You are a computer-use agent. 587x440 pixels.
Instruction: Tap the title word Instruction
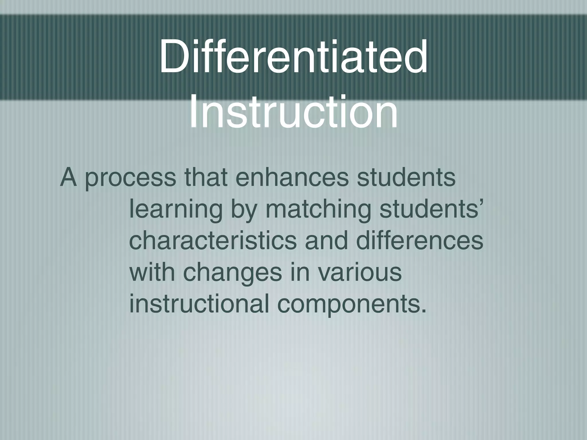(293, 112)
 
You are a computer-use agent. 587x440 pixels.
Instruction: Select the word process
(130, 178)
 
